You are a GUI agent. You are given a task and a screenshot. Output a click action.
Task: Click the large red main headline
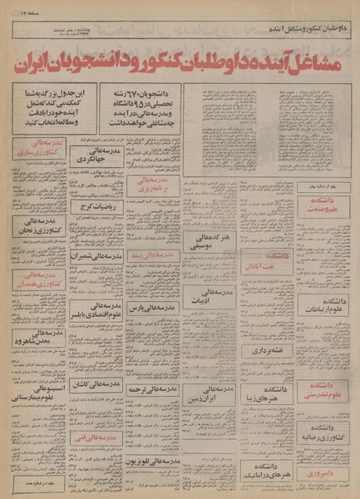pyautogui.click(x=179, y=61)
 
